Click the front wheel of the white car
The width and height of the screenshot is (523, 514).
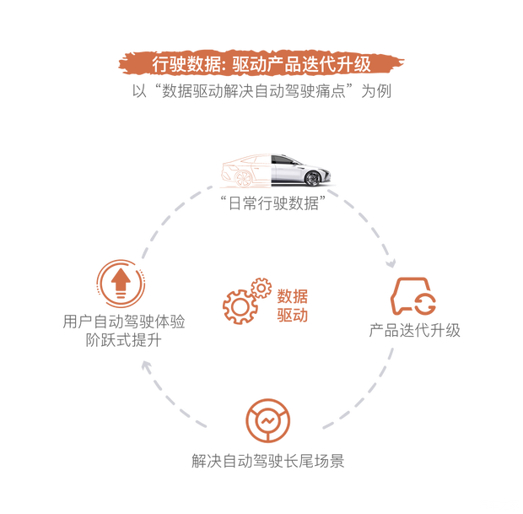(x=313, y=176)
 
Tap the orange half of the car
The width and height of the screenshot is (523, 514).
(x=245, y=171)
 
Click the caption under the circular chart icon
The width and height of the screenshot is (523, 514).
(x=268, y=461)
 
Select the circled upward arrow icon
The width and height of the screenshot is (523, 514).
(x=121, y=282)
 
